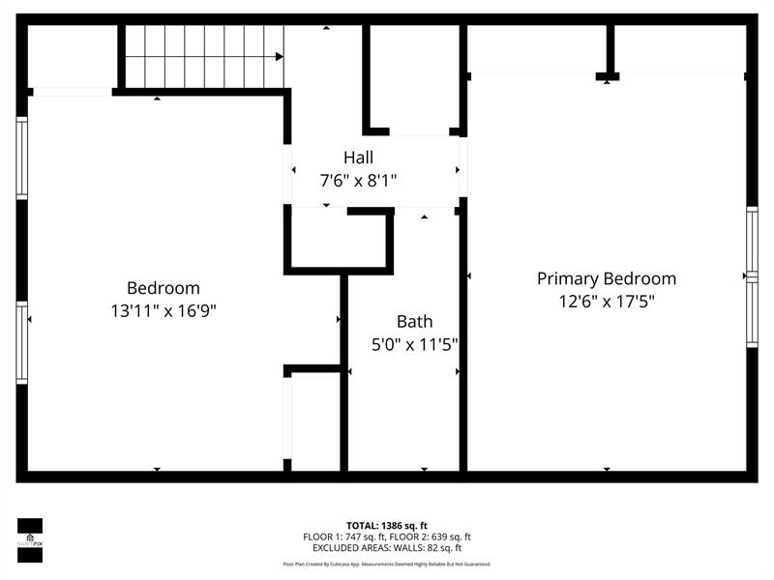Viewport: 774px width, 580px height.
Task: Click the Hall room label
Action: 357,157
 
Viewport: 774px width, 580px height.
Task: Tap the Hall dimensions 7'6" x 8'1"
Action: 357,180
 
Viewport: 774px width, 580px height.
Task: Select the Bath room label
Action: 414,321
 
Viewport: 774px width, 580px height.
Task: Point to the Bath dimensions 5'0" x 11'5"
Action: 414,344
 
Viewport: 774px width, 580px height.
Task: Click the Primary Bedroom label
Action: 607,278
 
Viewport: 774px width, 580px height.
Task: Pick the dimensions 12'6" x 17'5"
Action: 607,302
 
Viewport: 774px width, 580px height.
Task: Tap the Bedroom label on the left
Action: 164,288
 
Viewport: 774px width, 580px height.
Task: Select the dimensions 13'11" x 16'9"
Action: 164,311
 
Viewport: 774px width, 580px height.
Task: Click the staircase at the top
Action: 204,56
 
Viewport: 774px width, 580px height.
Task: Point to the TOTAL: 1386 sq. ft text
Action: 387,525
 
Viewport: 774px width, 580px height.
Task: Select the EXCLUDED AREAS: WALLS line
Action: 387,548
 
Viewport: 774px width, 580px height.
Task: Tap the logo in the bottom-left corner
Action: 30,539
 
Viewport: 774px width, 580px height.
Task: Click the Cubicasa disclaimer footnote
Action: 387,564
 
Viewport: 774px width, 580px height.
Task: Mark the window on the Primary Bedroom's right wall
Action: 751,276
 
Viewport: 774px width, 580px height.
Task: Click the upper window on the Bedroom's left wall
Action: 22,158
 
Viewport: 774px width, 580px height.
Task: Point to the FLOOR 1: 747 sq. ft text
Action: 344,536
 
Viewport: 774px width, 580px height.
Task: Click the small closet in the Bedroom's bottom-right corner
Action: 315,420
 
